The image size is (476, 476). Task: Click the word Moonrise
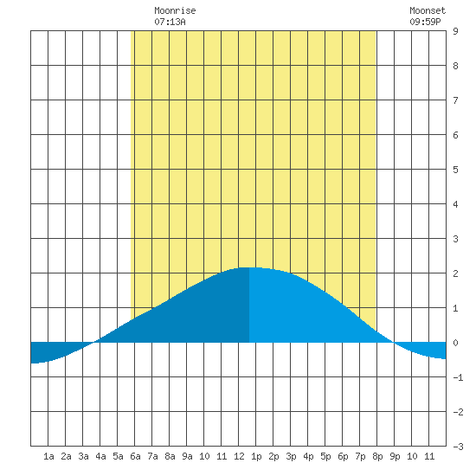[175, 10]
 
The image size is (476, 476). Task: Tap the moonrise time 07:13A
[170, 22]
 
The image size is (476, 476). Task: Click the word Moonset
[428, 10]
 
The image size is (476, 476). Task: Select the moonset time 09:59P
[425, 22]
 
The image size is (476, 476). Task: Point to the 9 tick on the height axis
[455, 31]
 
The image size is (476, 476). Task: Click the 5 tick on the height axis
[455, 170]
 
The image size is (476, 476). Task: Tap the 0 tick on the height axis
[455, 343]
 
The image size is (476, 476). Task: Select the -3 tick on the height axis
[458, 447]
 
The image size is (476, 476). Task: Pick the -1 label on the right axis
[458, 377]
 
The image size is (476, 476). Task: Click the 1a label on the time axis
[48, 456]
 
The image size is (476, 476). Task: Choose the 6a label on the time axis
[135, 456]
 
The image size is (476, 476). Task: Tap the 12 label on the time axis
[239, 456]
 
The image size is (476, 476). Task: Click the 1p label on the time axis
[256, 456]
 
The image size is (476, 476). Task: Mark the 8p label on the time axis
[377, 456]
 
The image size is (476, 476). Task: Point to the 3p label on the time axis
[291, 456]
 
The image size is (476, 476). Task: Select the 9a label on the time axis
[187, 456]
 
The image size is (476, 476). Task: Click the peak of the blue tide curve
[249, 267]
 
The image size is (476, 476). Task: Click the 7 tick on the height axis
[455, 100]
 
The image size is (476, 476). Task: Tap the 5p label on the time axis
[325, 456]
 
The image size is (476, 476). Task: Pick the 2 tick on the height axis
[455, 273]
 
